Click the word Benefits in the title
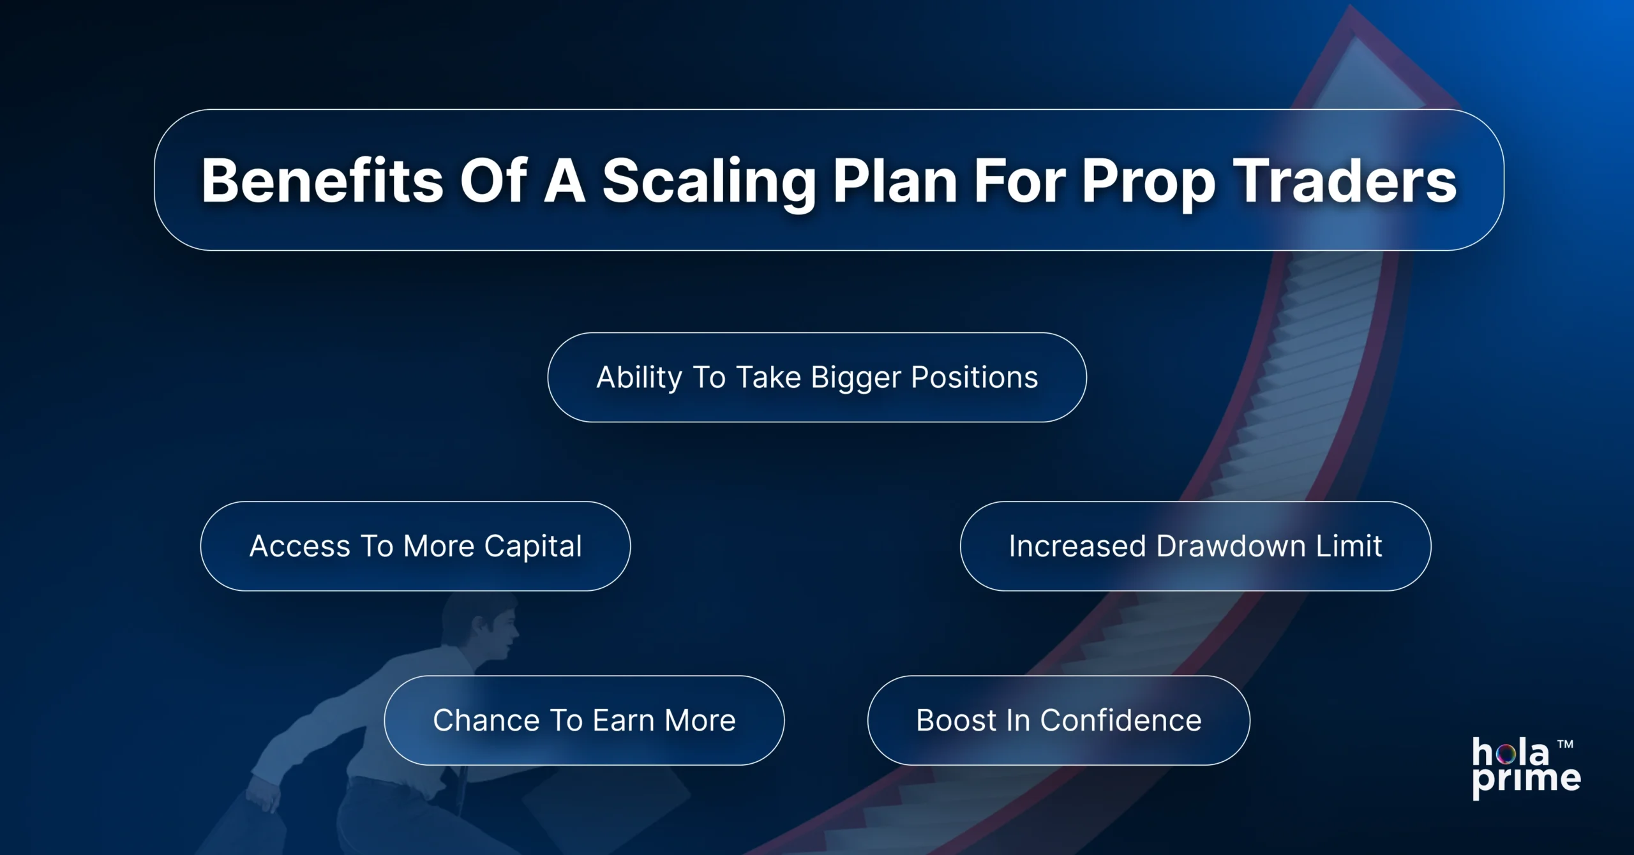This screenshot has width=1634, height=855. pyautogui.click(x=322, y=181)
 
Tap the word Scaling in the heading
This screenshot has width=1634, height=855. pyautogui.click(x=709, y=181)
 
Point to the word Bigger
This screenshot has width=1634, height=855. pyautogui.click(x=856, y=378)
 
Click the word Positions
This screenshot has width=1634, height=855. pyautogui.click(x=975, y=377)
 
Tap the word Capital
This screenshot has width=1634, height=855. pyautogui.click(x=533, y=547)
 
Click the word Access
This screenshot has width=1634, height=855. pyautogui.click(x=300, y=546)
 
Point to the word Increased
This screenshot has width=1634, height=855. pyautogui.click(x=1077, y=546)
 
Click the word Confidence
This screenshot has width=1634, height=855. pyautogui.click(x=1121, y=720)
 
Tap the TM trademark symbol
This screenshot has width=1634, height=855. pyautogui.click(x=1565, y=744)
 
